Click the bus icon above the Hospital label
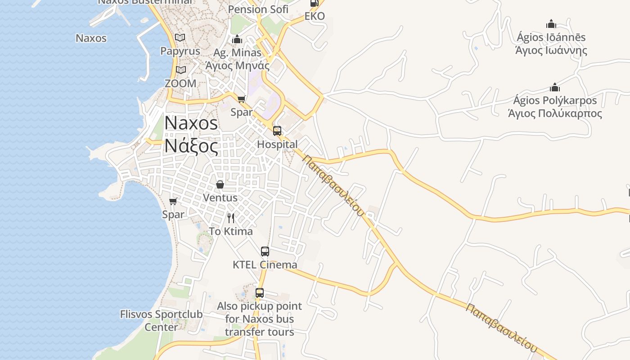tap(277, 131)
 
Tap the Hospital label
tap(277, 144)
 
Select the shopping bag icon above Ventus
tap(220, 184)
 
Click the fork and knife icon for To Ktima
tap(231, 218)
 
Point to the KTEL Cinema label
tap(265, 265)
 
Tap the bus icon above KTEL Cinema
tap(265, 252)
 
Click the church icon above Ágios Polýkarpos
tap(555, 87)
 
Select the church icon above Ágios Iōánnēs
tap(551, 24)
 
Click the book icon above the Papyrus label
tap(180, 38)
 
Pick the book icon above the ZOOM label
tap(181, 70)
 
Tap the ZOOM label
tap(180, 83)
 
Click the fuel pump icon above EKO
tap(314, 4)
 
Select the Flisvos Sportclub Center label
tap(161, 320)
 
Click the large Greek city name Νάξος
tap(191, 146)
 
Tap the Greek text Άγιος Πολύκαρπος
tap(555, 113)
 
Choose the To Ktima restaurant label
tap(231, 231)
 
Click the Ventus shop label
tap(220, 198)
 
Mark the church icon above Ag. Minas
tap(237, 40)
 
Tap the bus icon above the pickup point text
tap(260, 293)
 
